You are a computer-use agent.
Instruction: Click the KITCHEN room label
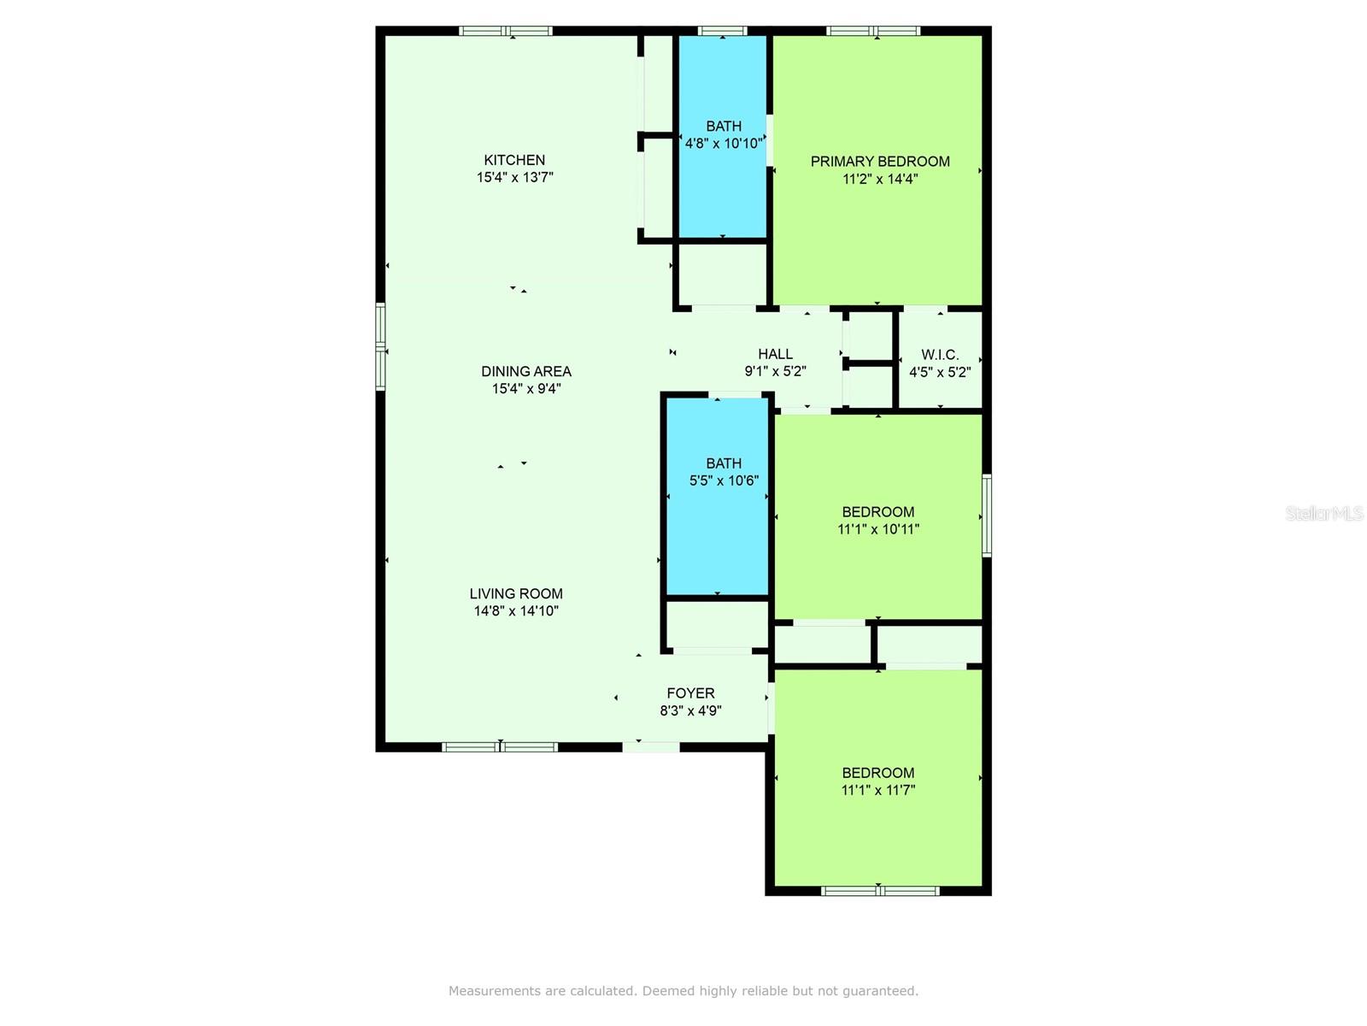click(x=514, y=160)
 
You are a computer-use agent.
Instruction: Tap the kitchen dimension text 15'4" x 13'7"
click(x=515, y=178)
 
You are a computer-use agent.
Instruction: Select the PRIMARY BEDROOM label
click(x=880, y=162)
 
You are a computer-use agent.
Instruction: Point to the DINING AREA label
click(x=526, y=372)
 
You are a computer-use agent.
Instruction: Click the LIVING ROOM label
click(x=516, y=594)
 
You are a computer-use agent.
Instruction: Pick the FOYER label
click(x=690, y=693)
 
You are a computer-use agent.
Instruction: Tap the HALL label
click(x=776, y=355)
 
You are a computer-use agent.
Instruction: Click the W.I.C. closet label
click(x=940, y=355)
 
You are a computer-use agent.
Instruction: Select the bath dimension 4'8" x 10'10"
click(x=724, y=144)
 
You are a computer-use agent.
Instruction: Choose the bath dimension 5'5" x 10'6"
click(x=724, y=481)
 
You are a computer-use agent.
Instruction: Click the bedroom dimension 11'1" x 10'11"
click(x=878, y=529)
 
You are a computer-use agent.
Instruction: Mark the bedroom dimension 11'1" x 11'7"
click(x=878, y=791)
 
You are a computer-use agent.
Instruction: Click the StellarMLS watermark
click(x=1324, y=513)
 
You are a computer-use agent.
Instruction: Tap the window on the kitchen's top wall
click(x=506, y=31)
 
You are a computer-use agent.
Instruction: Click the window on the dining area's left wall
click(x=380, y=347)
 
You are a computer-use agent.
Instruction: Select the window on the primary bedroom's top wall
click(x=873, y=31)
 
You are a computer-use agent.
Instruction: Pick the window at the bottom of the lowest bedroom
click(x=880, y=891)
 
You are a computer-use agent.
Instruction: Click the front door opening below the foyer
click(x=651, y=747)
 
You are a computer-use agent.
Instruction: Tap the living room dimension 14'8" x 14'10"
click(x=516, y=611)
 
